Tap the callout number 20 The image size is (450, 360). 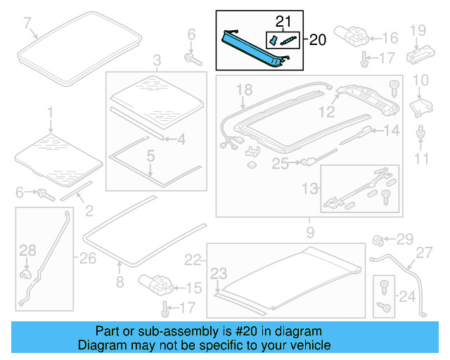(x=318, y=41)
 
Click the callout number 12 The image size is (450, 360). (x=326, y=110)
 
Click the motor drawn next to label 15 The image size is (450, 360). (x=155, y=284)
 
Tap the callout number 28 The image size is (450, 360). (x=27, y=251)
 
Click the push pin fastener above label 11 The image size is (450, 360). (x=420, y=131)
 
